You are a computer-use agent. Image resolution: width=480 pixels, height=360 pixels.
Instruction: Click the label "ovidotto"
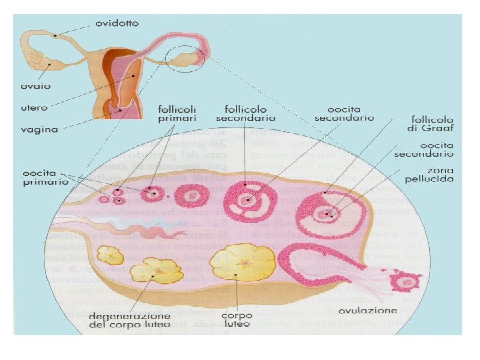(117, 23)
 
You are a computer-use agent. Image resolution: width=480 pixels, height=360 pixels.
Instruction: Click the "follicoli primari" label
(177, 113)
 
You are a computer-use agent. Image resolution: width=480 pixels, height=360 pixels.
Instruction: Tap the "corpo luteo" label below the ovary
(237, 319)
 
